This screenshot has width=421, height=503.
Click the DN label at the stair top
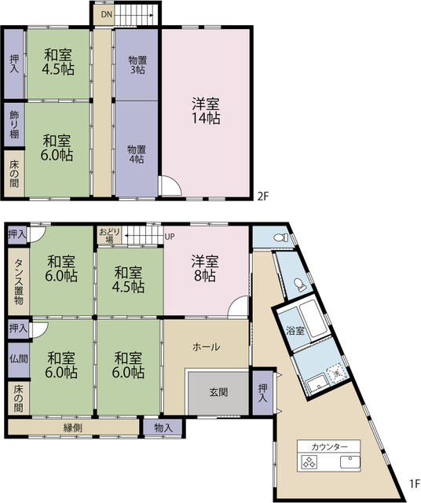(x=107, y=14)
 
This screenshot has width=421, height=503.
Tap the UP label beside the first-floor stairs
(x=170, y=237)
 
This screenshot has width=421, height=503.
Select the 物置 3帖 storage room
(x=137, y=64)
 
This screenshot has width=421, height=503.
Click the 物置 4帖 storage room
(x=137, y=149)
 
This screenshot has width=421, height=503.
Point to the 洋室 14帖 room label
(x=206, y=111)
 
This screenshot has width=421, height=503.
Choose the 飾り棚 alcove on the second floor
(x=14, y=124)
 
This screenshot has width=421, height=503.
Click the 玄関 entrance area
(x=218, y=393)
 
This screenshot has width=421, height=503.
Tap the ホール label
(x=206, y=347)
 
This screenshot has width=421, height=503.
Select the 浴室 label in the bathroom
(x=295, y=331)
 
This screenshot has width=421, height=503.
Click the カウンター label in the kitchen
(x=329, y=447)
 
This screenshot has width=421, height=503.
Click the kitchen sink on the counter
(x=350, y=462)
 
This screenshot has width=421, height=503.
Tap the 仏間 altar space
(x=19, y=359)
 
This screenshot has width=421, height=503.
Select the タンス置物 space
(x=18, y=281)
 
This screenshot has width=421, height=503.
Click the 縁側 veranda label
(x=73, y=428)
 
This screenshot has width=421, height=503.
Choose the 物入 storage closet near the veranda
(x=163, y=428)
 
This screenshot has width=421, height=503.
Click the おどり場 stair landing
(x=109, y=236)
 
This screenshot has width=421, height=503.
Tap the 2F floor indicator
(x=262, y=196)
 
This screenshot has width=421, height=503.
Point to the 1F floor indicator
(x=414, y=483)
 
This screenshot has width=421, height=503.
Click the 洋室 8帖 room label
(x=205, y=268)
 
